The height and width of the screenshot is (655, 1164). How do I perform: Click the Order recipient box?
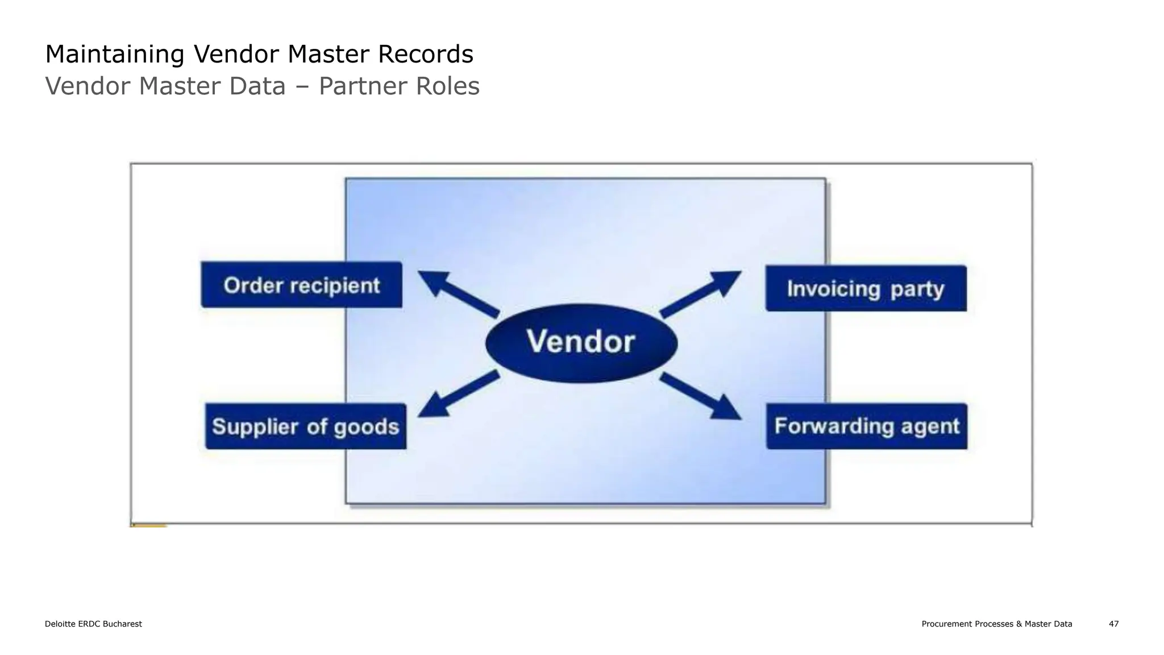coord(301,285)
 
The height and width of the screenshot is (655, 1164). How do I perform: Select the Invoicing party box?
coord(866,288)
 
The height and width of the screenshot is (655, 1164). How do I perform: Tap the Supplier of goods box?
coord(306,426)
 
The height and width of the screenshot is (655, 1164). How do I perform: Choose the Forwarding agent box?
coord(867,426)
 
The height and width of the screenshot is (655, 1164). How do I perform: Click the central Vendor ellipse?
coord(581,343)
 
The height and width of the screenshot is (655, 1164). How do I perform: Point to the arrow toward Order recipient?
coord(458,293)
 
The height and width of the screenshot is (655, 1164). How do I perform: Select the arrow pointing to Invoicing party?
coord(701,293)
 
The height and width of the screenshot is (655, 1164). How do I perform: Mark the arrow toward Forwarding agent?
coord(701,396)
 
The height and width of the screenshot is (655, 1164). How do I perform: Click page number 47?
coord(1113,624)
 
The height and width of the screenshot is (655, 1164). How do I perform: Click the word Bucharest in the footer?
coord(122,624)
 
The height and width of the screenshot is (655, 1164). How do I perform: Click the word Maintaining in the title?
coord(114,55)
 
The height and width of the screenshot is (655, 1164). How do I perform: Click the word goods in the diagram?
coord(367,427)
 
